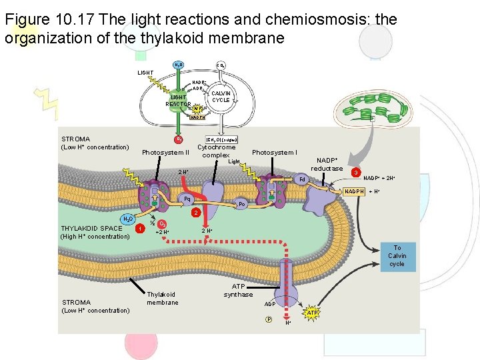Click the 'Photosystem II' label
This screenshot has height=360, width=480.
click(x=165, y=153)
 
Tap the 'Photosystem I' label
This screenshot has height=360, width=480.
click(x=274, y=153)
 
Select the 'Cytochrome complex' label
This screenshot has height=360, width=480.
click(x=216, y=151)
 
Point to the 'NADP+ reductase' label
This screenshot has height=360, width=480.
click(x=327, y=164)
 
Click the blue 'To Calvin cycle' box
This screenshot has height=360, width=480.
click(x=397, y=255)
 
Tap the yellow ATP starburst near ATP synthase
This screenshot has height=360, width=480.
click(x=312, y=313)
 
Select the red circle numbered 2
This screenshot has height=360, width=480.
click(x=194, y=213)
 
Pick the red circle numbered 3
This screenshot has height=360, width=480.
click(x=357, y=173)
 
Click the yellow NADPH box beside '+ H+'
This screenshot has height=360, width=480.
click(x=354, y=192)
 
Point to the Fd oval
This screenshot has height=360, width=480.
click(x=302, y=179)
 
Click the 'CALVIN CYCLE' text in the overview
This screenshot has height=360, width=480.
click(x=221, y=97)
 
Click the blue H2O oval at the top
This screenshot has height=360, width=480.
click(x=179, y=65)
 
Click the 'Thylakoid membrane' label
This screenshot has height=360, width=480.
click(x=163, y=298)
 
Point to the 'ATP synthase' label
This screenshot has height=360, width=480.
click(x=238, y=290)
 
